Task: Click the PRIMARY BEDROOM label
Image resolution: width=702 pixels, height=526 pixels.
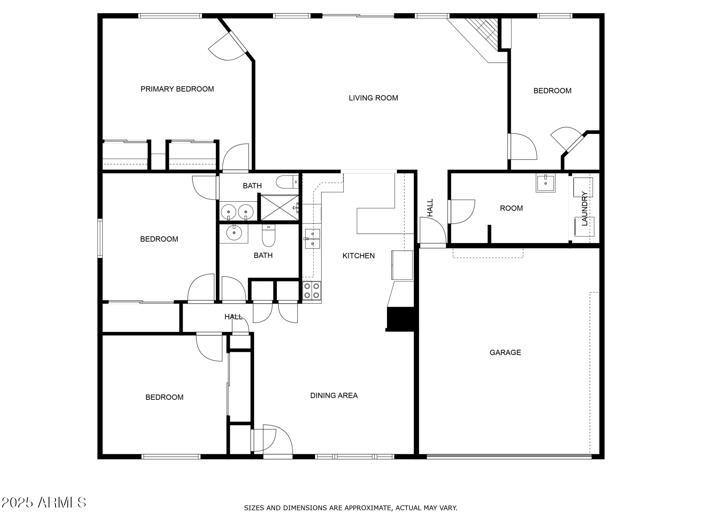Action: [x=177, y=89]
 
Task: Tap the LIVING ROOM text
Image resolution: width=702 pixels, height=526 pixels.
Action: [x=373, y=98]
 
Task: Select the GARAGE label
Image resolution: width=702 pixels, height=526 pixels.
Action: [x=505, y=352]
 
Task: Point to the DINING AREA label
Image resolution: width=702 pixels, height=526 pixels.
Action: [x=334, y=395]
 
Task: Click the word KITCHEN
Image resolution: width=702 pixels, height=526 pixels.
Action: [x=359, y=256]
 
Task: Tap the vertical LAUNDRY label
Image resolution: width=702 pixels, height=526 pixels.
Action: [x=584, y=209]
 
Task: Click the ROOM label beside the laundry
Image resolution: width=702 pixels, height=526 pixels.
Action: [x=511, y=208]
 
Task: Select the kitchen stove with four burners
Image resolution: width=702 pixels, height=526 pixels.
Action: [x=312, y=291]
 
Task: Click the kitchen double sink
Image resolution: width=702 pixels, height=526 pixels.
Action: [x=313, y=239]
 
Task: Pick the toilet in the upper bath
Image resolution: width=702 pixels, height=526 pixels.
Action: [x=287, y=181]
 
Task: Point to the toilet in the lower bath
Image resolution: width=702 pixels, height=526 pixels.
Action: [x=269, y=235]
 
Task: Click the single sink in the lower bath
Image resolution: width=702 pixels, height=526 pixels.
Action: [x=234, y=233]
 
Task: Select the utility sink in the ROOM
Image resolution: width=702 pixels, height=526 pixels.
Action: [x=545, y=183]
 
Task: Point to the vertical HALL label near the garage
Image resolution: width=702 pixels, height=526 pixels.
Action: [x=430, y=208]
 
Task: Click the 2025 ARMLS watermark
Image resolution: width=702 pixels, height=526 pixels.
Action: [x=44, y=502]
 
